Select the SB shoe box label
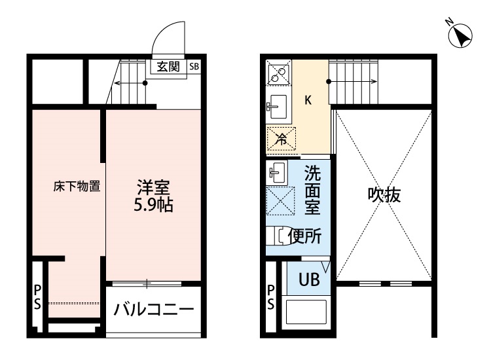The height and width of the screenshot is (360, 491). pos(194,67)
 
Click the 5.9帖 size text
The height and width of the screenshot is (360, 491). pos(149,205)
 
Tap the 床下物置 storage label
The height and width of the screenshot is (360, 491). pos(77,187)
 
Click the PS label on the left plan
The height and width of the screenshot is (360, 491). pos(37,297)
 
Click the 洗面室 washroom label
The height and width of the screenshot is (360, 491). pos(312,190)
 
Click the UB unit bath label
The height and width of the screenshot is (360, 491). pos(309,279)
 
